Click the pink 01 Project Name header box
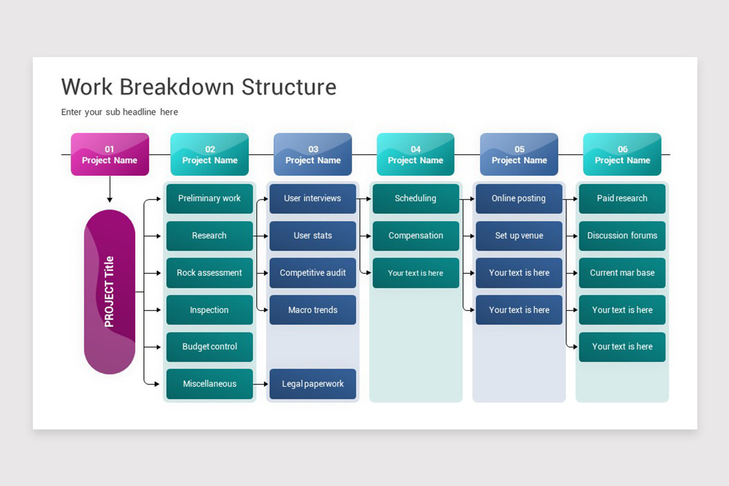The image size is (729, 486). (109, 154)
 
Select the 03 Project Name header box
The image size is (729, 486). (313, 154)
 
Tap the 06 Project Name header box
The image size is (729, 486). (622, 154)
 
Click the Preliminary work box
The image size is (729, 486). (209, 199)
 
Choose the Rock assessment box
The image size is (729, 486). (209, 273)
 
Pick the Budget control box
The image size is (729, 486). (209, 347)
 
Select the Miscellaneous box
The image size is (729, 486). (209, 384)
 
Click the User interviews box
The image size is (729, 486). (313, 199)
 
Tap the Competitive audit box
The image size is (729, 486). (313, 273)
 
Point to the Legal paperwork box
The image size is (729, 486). (313, 384)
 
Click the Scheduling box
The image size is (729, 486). (416, 199)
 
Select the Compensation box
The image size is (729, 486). (416, 236)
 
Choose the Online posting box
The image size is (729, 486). (519, 199)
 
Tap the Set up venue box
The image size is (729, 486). (519, 236)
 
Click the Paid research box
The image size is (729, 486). (622, 199)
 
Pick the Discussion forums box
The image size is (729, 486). (622, 236)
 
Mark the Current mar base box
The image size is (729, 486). (622, 273)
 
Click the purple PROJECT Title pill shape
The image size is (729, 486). (109, 292)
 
